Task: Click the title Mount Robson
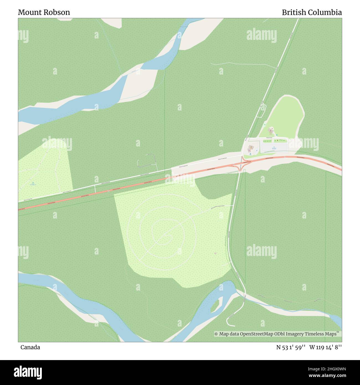point(44,12)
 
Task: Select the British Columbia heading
point(312,12)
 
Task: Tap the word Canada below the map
point(30,347)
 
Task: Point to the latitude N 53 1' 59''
point(291,347)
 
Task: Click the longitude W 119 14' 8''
point(326,347)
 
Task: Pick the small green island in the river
point(215,306)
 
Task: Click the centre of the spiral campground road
point(167,236)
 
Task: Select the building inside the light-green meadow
point(271,129)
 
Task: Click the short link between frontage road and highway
point(95,189)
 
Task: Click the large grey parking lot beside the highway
point(273,149)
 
